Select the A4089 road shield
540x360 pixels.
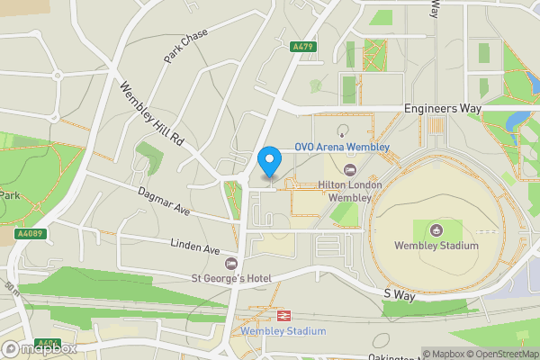pos(30,234)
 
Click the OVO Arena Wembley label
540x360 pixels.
pos(343,147)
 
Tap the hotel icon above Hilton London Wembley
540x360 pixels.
pos(350,169)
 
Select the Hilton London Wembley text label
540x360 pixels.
pos(350,191)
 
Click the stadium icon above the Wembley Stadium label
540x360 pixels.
pos(436,229)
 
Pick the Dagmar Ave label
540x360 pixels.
pos(164,201)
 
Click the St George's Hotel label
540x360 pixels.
pos(231,279)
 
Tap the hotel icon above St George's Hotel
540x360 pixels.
pos(231,264)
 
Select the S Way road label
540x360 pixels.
pos(397,293)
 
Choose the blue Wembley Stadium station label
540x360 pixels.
pos(283,331)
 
